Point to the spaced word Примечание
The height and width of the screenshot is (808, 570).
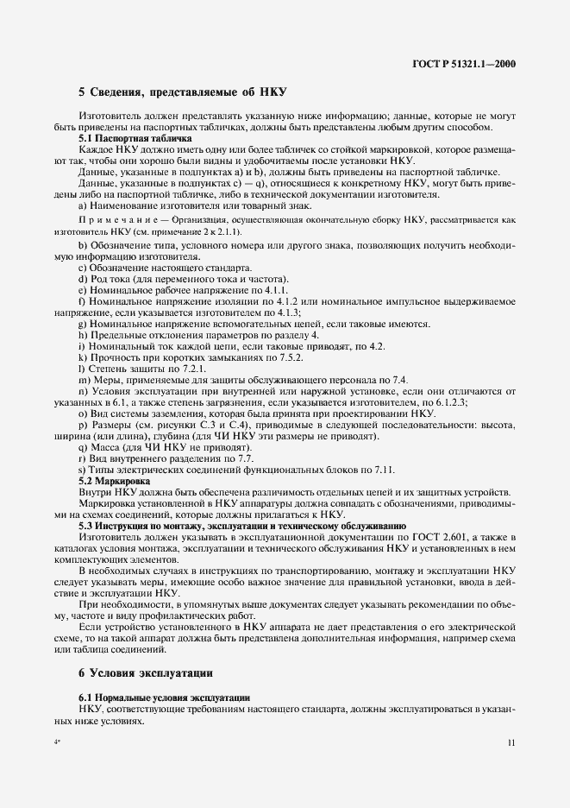coord(116,220)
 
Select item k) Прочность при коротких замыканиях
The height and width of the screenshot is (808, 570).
coord(190,357)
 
